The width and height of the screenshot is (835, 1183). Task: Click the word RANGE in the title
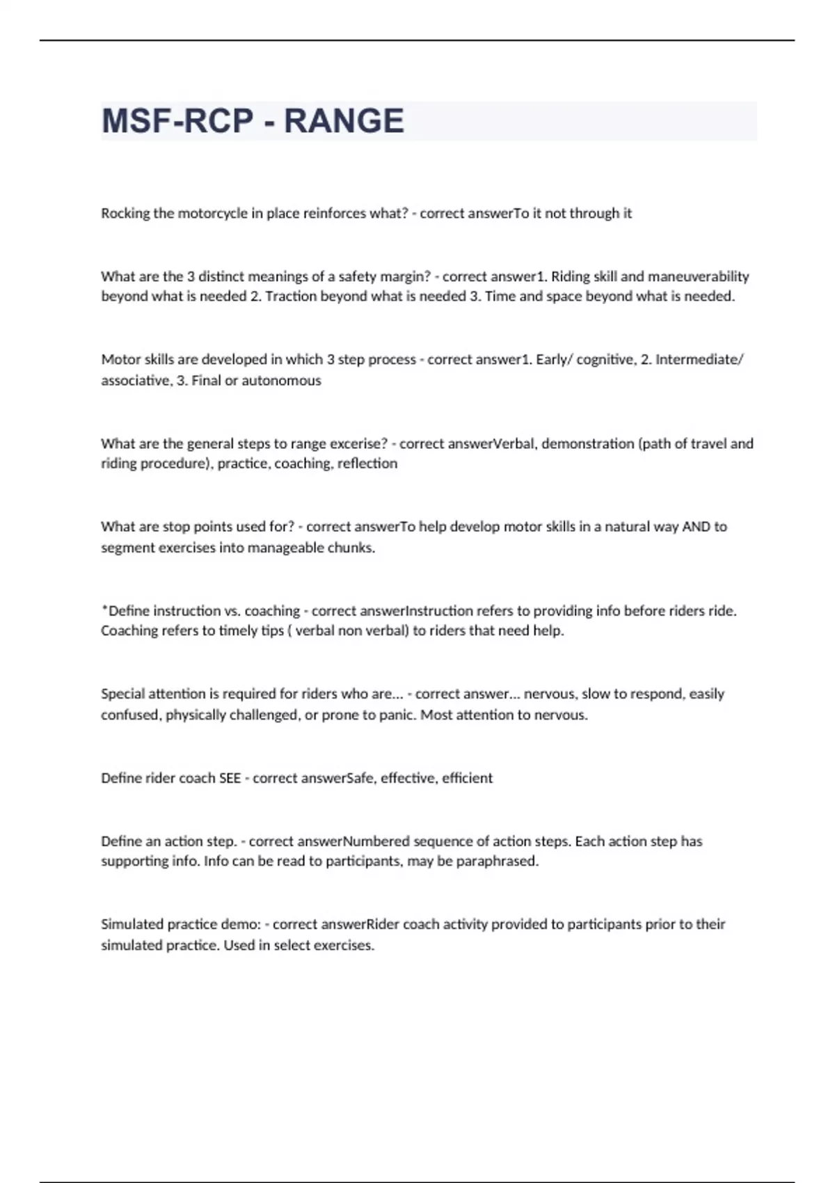click(x=344, y=121)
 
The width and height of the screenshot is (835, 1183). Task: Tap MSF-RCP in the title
click(x=177, y=121)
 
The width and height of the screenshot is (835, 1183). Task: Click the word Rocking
click(x=125, y=214)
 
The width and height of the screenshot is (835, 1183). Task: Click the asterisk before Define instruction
click(x=104, y=609)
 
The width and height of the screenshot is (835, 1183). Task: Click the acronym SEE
click(x=230, y=778)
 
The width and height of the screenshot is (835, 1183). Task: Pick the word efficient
click(x=467, y=778)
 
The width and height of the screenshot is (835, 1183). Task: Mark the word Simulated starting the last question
click(x=130, y=924)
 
